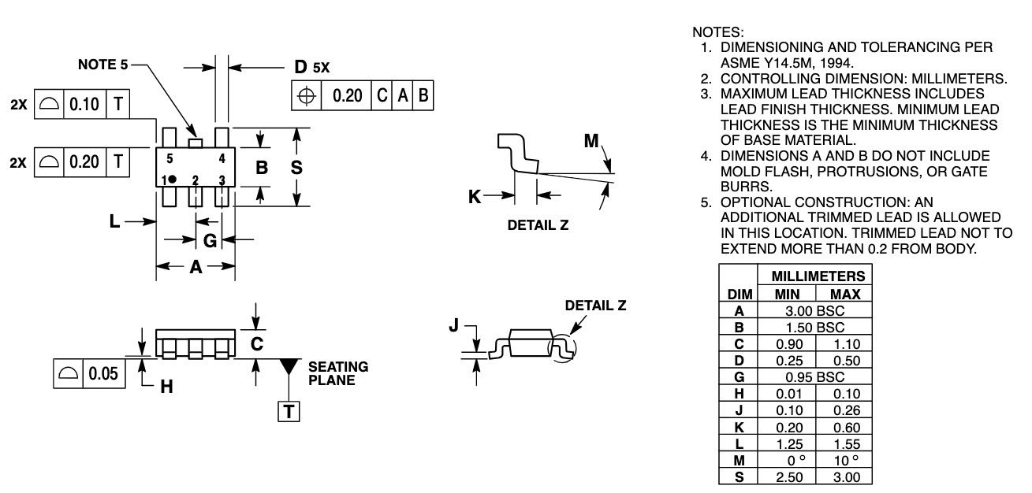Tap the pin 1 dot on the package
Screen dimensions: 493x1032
pyautogui.click(x=172, y=180)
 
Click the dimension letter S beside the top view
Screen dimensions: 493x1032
pyautogui.click(x=296, y=167)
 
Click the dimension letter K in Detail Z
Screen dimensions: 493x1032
pyautogui.click(x=475, y=196)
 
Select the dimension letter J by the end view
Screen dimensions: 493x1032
pyautogui.click(x=453, y=326)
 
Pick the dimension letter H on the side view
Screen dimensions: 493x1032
pyautogui.click(x=166, y=387)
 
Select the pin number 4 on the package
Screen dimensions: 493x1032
pyautogui.click(x=222, y=158)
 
